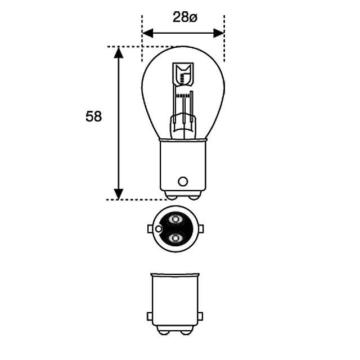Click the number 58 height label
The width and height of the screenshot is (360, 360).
(x=94, y=117)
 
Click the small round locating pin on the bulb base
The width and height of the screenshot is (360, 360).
(x=182, y=181)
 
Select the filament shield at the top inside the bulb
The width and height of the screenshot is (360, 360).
(x=184, y=74)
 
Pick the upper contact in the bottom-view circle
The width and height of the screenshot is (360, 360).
(x=174, y=218)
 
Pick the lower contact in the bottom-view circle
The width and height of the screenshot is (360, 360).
(x=174, y=239)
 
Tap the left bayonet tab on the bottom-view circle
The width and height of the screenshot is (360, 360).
(x=150, y=229)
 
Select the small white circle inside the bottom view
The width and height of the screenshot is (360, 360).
(x=160, y=229)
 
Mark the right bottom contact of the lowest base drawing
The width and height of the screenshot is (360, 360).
(x=185, y=329)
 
